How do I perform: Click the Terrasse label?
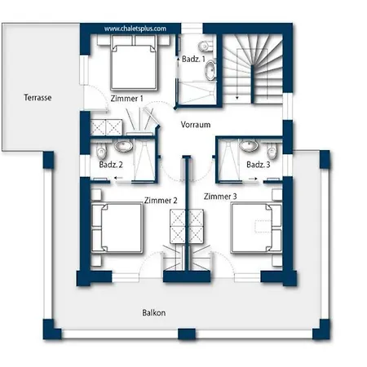click(x=38, y=98)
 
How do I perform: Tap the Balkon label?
click(x=154, y=312)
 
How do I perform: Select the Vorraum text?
click(x=196, y=125)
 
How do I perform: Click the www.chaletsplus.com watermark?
click(x=135, y=29)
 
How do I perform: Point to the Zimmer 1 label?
click(x=126, y=99)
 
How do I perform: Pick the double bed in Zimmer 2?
click(x=117, y=228)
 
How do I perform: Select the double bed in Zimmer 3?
click(x=256, y=228)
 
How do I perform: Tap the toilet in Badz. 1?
click(x=206, y=46)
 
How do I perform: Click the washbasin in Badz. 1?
click(x=210, y=70)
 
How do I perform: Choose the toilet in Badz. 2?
click(x=101, y=152)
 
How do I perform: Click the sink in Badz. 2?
click(x=124, y=145)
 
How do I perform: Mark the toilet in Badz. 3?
click(x=272, y=152)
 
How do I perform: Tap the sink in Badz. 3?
click(x=249, y=145)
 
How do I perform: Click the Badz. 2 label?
click(x=111, y=165)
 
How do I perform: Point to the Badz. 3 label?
click(x=259, y=165)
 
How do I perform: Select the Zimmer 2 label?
click(x=161, y=201)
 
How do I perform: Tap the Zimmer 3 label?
click(x=220, y=197)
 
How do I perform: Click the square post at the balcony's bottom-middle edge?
click(x=187, y=334)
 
